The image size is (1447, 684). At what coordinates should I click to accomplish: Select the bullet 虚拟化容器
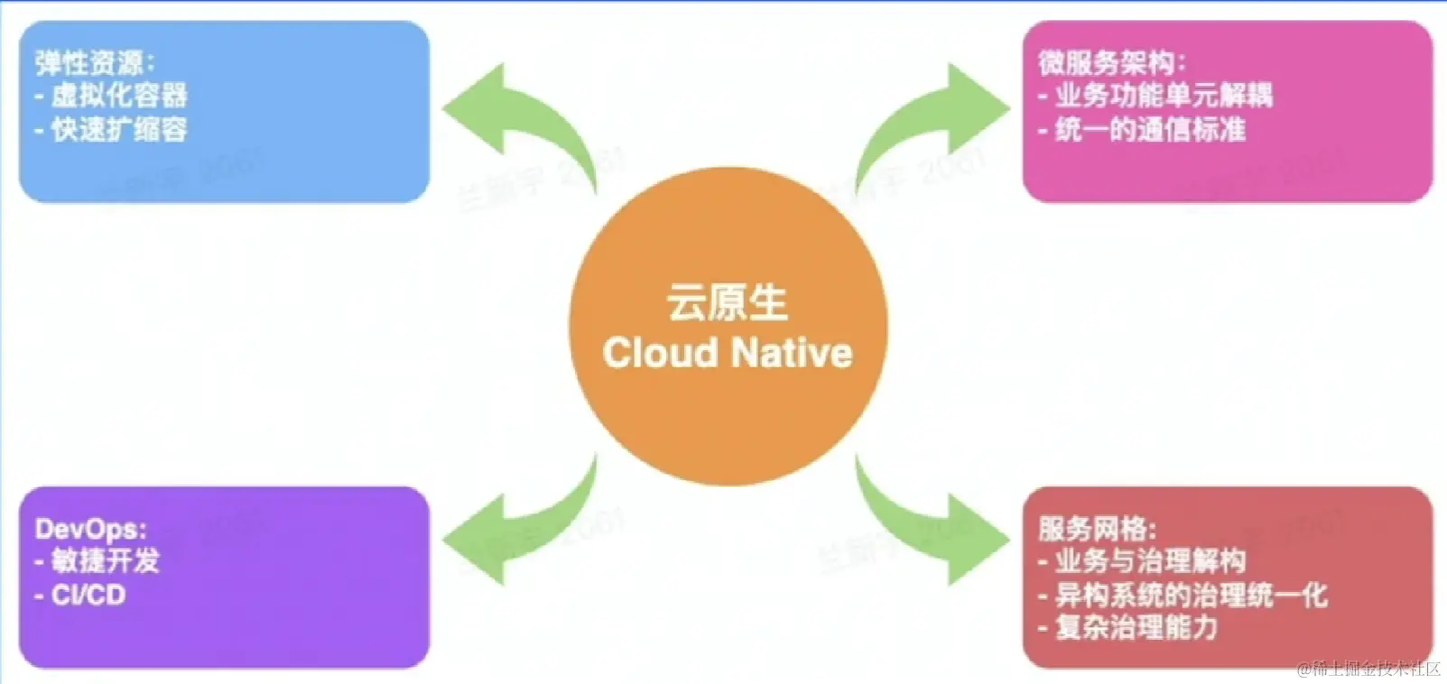tap(118, 95)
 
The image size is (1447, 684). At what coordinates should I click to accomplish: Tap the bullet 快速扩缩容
tap(118, 129)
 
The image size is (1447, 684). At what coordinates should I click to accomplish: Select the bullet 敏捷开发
tap(104, 560)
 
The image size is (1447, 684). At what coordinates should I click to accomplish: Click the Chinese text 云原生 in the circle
tap(728, 302)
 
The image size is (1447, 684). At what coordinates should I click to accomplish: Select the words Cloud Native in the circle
tap(728, 353)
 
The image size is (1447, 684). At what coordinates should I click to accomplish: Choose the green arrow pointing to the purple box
tap(515, 532)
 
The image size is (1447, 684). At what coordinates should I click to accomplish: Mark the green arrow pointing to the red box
tap(939, 532)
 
